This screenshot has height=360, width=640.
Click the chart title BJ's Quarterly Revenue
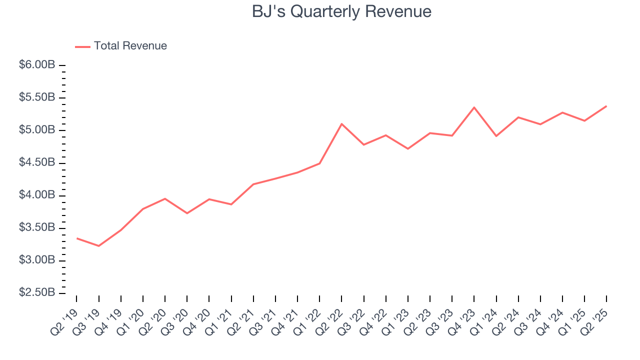tap(341, 11)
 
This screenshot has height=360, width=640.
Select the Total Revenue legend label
tap(130, 46)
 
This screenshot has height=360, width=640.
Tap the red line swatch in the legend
tap(82, 46)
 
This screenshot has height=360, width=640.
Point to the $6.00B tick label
tap(37, 65)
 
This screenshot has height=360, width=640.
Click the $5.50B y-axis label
tap(37, 97)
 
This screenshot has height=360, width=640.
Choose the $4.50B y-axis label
tap(37, 163)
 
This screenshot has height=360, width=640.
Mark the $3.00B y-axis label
tap(37, 260)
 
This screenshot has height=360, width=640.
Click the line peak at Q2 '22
tap(341, 123)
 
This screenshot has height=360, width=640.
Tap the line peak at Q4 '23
tap(474, 107)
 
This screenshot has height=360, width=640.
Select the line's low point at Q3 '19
tap(98, 246)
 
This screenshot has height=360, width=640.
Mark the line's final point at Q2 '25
tap(606, 106)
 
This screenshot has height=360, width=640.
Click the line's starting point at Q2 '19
tap(76, 238)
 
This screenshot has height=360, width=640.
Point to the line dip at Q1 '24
tap(496, 136)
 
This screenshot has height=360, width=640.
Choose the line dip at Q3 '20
tap(187, 213)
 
